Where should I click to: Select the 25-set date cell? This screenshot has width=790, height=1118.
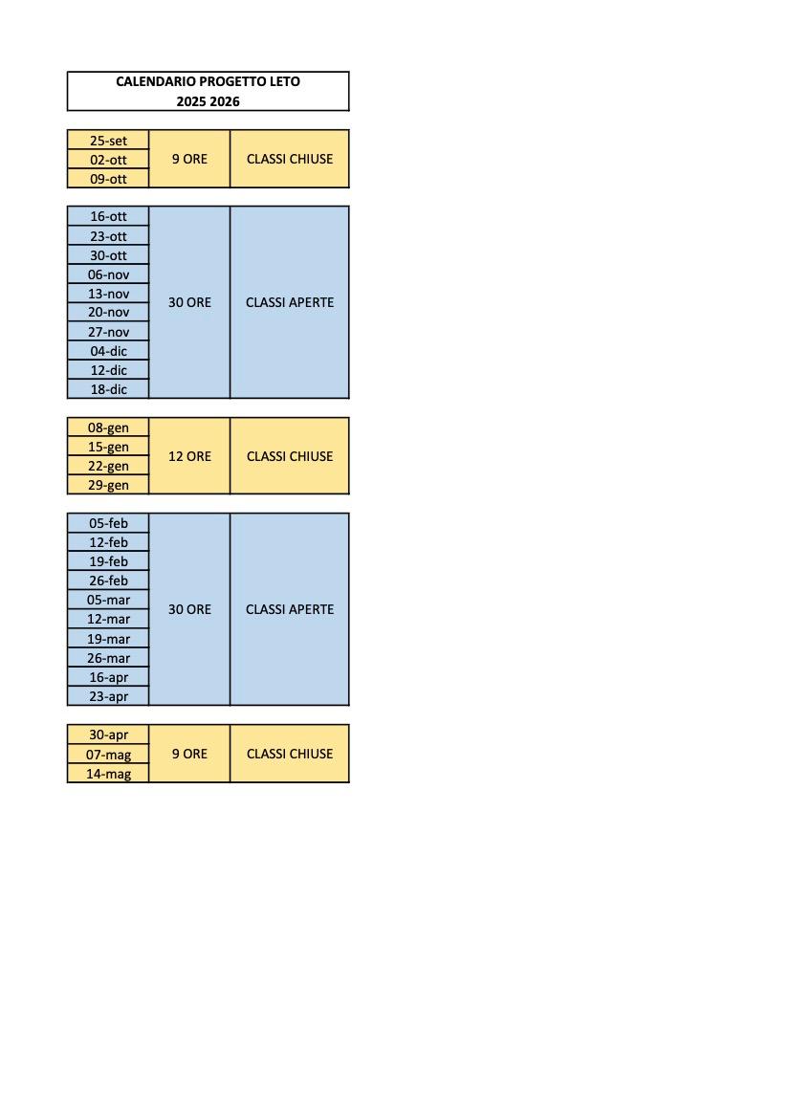108,141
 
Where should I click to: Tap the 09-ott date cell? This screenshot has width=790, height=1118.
108,179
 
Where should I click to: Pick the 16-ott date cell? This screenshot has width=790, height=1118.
108,217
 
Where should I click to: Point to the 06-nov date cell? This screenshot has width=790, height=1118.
108,274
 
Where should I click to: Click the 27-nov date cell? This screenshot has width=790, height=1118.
108,332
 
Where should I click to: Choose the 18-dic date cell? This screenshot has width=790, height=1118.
108,389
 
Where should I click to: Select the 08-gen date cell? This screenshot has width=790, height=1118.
108,427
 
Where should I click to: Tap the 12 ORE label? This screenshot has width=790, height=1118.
189,456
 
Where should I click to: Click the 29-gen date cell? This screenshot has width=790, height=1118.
108,485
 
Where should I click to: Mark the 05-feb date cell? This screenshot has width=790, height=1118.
108,523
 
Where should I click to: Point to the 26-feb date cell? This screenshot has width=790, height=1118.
108,581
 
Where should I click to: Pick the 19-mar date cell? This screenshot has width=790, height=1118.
108,639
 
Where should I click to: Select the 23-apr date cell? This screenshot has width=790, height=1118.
108,696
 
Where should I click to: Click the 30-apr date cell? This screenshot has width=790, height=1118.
108,734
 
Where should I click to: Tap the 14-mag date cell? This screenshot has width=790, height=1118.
108,774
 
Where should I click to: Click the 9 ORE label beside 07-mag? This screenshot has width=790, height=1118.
189,754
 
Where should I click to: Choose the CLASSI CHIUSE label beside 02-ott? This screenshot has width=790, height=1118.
290,159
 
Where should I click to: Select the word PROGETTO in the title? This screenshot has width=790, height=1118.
231,82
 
